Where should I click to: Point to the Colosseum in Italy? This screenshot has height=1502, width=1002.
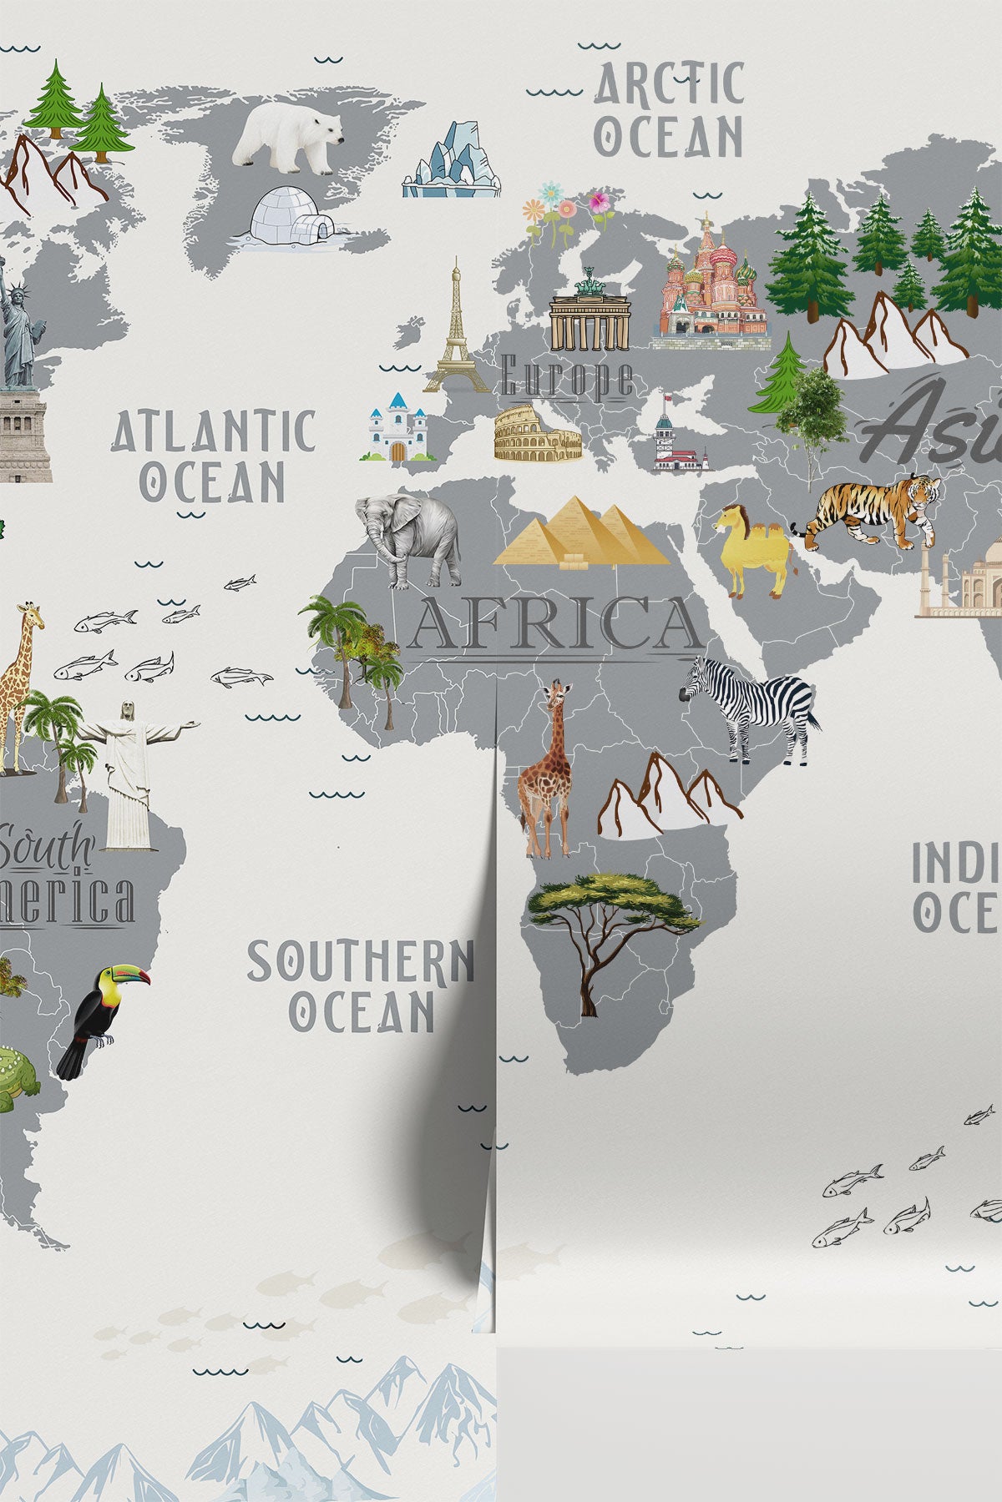point(537,433)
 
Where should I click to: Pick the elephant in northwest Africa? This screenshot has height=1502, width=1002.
point(409,535)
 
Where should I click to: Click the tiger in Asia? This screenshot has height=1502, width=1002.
point(873,508)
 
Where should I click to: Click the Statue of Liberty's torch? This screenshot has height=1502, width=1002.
point(3,265)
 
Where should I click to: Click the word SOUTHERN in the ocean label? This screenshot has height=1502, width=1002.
point(360,961)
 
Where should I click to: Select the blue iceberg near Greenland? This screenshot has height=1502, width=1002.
point(452,163)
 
